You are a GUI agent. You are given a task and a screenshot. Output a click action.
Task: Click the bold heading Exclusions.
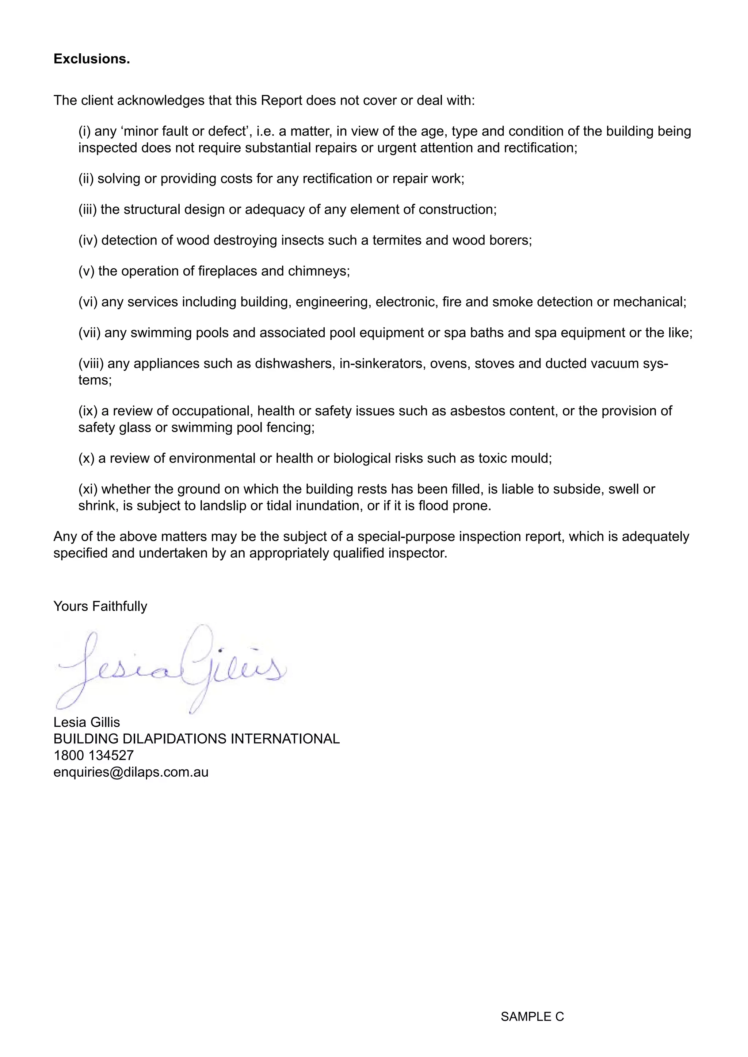(92, 59)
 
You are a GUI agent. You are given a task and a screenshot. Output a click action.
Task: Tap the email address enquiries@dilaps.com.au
(131, 772)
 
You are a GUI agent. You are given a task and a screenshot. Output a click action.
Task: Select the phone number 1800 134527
(93, 756)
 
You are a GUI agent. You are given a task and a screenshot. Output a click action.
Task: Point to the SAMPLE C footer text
(532, 1016)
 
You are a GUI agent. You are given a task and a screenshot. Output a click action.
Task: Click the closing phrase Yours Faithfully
(100, 606)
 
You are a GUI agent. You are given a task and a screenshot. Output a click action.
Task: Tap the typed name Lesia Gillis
(87, 722)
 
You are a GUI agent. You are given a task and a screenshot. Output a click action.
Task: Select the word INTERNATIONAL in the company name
(285, 739)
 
